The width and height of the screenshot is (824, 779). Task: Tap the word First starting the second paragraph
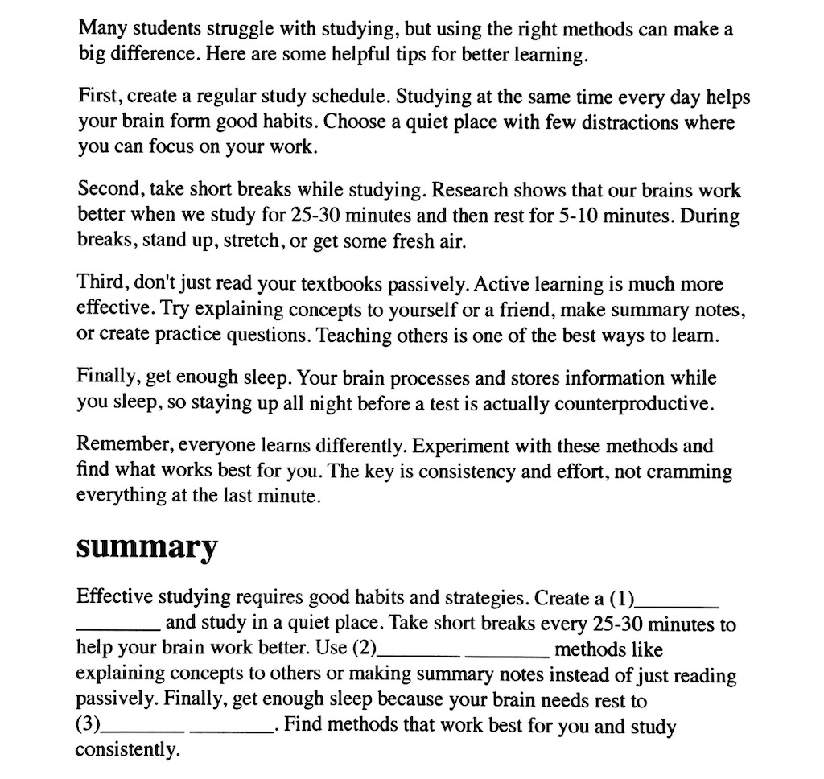point(99,98)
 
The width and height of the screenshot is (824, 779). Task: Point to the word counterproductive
point(627,403)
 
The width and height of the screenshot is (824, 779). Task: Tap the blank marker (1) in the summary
point(621,599)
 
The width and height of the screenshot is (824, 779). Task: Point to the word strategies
point(473,599)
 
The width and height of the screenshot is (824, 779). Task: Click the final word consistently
point(127,751)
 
